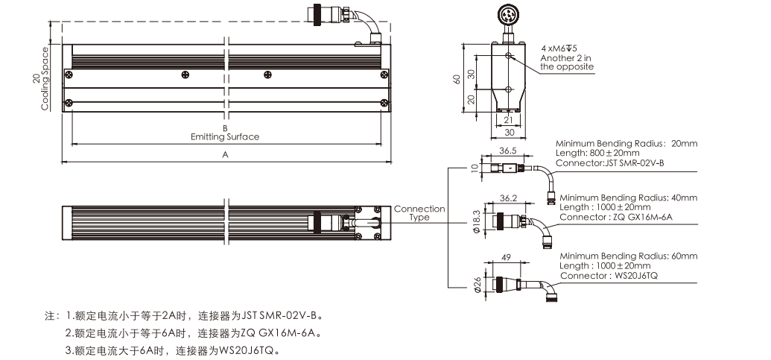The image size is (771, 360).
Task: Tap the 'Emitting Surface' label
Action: click(225, 136)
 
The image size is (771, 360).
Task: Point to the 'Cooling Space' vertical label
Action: click(45, 79)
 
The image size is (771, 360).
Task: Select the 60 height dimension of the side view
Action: click(457, 79)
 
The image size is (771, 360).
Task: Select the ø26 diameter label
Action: click(475, 285)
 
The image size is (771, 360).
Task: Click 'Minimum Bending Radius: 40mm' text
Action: click(628, 198)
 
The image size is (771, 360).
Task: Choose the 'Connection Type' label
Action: click(419, 213)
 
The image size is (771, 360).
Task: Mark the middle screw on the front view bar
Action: click(185, 73)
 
